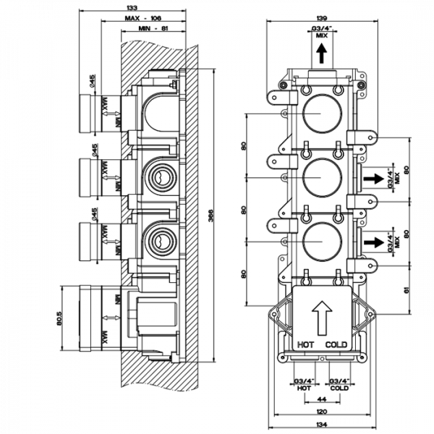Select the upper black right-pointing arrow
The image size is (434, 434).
click(373, 178)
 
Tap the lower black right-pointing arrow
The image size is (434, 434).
click(373, 241)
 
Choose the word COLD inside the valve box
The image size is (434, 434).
click(337, 344)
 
